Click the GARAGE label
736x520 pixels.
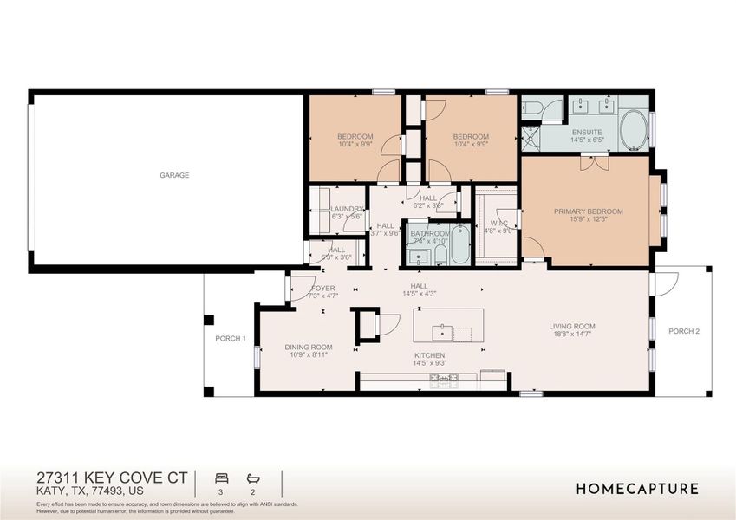click(174, 175)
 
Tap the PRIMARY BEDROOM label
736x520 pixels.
click(589, 211)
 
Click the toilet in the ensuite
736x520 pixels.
click(532, 107)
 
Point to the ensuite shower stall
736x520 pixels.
click(530, 138)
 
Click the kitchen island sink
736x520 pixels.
click(443, 330)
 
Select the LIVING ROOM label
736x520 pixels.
click(572, 327)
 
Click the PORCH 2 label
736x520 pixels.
click(684, 331)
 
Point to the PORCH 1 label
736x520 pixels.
click(231, 338)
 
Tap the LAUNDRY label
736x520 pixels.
click(347, 209)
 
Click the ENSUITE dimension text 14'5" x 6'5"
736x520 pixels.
click(587, 140)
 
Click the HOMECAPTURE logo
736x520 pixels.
click(637, 489)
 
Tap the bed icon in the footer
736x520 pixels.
click(220, 478)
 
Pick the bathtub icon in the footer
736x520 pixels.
click(253, 478)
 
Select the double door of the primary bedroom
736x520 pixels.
click(594, 161)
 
